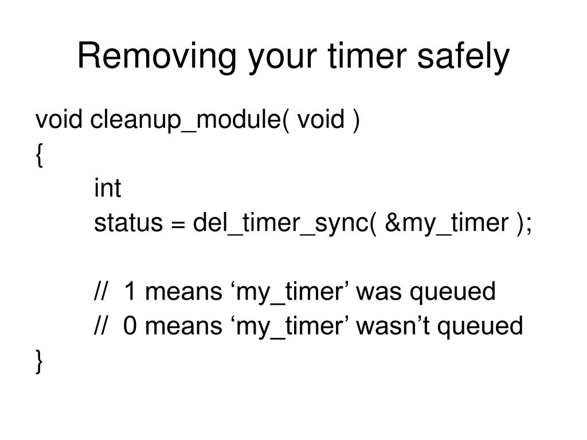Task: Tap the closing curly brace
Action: pos(38,361)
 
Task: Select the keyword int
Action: pos(108,188)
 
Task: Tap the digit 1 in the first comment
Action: pos(130,292)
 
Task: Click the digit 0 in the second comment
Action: pos(130,326)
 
